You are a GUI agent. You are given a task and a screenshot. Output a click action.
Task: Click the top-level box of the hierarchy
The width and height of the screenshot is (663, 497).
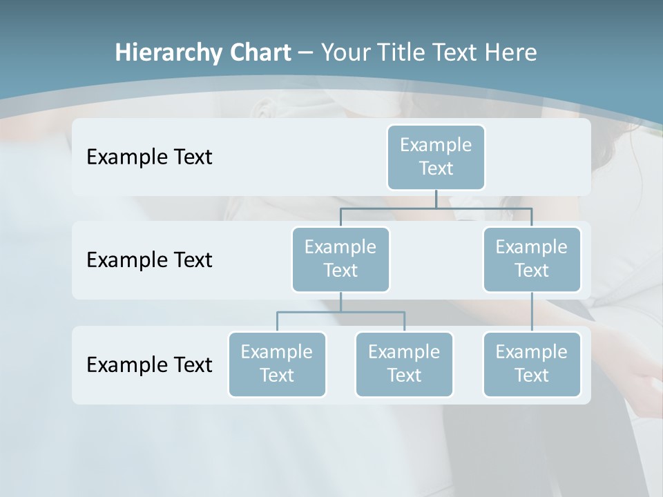click(x=436, y=157)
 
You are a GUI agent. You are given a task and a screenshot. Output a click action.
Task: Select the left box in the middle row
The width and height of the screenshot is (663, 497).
click(x=340, y=259)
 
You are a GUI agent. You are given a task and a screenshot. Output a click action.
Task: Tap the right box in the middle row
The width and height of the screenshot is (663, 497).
click(x=532, y=259)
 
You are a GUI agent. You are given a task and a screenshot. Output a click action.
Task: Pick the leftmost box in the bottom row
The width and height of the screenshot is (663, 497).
click(x=277, y=364)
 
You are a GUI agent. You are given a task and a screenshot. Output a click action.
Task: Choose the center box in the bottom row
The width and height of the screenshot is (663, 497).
click(x=404, y=364)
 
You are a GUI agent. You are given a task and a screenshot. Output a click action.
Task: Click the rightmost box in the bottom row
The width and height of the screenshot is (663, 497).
click(x=532, y=364)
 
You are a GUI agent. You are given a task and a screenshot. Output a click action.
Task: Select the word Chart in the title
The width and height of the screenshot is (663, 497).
click(x=258, y=52)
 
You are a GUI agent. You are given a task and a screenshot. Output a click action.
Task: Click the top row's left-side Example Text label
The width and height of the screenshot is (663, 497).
click(x=149, y=157)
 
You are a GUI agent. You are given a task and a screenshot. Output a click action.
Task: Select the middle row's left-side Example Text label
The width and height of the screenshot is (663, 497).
click(x=149, y=260)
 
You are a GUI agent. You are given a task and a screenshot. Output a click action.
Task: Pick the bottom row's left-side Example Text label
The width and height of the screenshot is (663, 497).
click(x=149, y=364)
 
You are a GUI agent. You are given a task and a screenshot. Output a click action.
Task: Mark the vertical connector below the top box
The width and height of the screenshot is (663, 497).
click(x=436, y=199)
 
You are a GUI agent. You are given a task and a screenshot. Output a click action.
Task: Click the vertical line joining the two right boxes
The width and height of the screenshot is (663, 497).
click(x=532, y=312)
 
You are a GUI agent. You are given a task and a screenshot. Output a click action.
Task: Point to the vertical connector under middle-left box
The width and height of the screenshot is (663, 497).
click(x=340, y=302)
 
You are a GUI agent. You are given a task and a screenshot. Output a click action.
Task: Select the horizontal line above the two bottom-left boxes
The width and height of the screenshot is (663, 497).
click(x=340, y=312)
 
